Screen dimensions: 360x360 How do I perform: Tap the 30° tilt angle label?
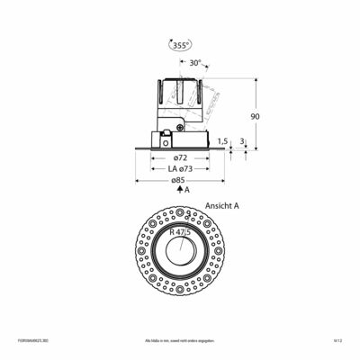pyautogui.click(x=195, y=63)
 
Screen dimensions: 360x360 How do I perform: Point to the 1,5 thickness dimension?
pyautogui.click(x=222, y=140)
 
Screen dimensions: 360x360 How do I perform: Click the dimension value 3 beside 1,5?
pyautogui.click(x=244, y=140)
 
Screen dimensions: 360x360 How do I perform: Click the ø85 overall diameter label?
pyautogui.click(x=179, y=182)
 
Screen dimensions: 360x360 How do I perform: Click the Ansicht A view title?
pyautogui.click(x=221, y=205)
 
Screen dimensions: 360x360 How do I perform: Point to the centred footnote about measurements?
pyautogui.click(x=180, y=341)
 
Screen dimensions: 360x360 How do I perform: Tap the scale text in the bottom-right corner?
pyautogui.click(x=338, y=341)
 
